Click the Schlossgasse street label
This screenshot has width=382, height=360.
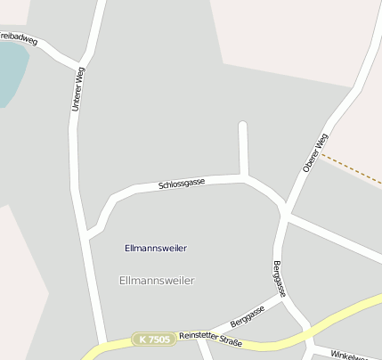point(182,184)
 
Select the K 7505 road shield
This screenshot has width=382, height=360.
point(152,340)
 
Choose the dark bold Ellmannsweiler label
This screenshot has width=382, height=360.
point(156,248)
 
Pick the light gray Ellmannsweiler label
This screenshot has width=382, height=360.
point(156,280)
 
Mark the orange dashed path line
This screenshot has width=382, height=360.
point(353,169)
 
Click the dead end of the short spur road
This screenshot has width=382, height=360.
point(242,124)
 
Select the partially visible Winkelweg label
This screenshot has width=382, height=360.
point(353,355)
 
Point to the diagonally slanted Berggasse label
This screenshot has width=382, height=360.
point(248,315)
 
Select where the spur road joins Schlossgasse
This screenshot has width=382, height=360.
point(243,177)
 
